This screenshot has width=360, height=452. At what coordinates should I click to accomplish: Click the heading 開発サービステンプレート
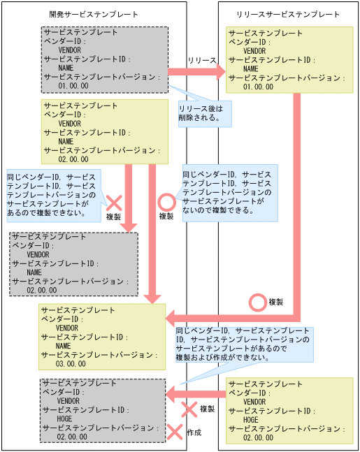[x=94, y=14]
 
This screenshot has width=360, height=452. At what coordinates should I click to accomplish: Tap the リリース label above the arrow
[x=202, y=61]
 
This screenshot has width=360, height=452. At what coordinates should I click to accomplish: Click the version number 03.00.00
[x=71, y=363]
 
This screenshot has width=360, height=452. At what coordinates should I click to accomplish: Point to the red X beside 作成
[x=174, y=432]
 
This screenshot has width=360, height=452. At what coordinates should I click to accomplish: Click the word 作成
[x=194, y=432]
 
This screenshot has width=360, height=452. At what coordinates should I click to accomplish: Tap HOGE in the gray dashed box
[x=64, y=418]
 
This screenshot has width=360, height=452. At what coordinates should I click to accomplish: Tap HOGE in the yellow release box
[x=250, y=420]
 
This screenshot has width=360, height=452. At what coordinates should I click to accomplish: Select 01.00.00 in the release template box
[x=259, y=87]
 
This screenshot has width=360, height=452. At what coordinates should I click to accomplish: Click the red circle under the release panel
[x=258, y=302]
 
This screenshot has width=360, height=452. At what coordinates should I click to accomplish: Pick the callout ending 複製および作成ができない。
[x=243, y=343]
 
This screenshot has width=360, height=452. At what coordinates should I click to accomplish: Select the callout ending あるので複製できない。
[x=52, y=195]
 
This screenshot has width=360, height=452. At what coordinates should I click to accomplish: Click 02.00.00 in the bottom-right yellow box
[x=258, y=437]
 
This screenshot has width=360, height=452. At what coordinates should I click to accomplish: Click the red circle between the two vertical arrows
[x=166, y=202]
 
